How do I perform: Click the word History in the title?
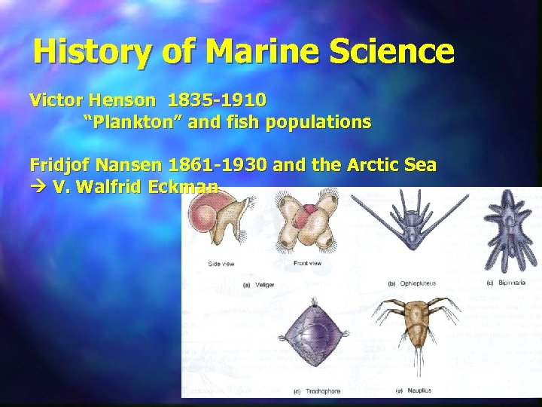pos(89,53)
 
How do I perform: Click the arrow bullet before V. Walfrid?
pos(37,187)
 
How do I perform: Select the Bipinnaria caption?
pos(509,283)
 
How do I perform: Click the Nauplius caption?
pos(411,390)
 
